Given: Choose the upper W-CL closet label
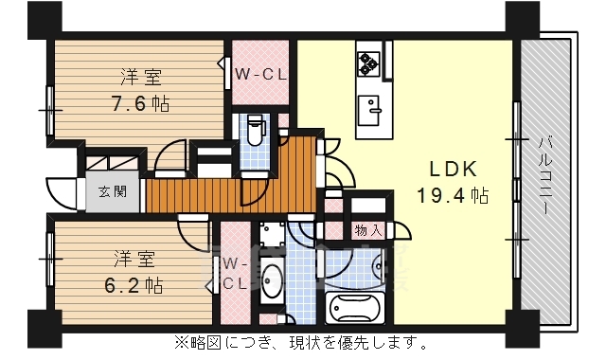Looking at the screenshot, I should point(260,74).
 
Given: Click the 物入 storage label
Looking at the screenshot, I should point(369,230).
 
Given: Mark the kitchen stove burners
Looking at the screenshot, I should point(367,63).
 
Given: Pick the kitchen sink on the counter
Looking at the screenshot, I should point(369,105).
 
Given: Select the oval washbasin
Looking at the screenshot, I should point(272,281).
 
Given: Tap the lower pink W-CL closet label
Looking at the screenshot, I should point(235,275).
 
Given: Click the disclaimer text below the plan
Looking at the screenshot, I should point(300,341).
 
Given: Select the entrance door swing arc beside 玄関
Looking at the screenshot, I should point(62,194).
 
